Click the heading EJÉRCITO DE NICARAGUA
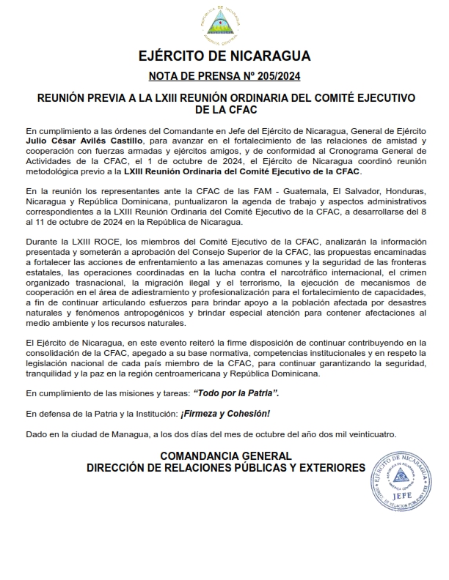pos(224,56)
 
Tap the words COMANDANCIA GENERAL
pos(225,456)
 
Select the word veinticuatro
pos(370,434)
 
